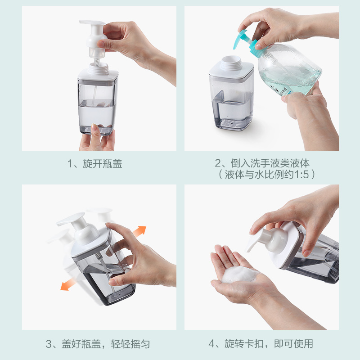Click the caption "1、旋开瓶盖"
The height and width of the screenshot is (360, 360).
click(95, 163)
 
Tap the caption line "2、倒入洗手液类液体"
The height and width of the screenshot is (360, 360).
click(262, 163)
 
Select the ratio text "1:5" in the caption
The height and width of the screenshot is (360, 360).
click(301, 175)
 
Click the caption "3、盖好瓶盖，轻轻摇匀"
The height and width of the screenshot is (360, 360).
click(98, 344)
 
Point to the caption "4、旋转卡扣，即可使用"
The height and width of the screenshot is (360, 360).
click(261, 344)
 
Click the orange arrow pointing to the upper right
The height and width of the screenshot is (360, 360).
click(139, 231)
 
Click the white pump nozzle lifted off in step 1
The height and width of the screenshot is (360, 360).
click(94, 38)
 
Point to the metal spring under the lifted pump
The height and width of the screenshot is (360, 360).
click(97, 62)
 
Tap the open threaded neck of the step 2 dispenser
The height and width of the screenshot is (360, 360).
click(231, 62)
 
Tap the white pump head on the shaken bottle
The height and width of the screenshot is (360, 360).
click(80, 229)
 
